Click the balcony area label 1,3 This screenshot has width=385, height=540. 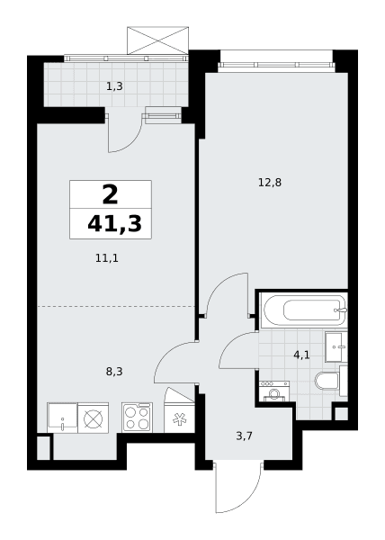click(x=114, y=86)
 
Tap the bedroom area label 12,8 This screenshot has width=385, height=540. click(x=270, y=182)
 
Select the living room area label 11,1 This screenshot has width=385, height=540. click(x=107, y=258)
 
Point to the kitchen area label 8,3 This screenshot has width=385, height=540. click(x=114, y=372)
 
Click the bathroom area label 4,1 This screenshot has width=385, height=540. click(x=301, y=355)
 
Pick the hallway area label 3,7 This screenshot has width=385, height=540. click(x=245, y=436)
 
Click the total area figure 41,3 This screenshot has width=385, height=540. click(x=114, y=224)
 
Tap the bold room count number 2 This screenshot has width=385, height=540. click(x=110, y=194)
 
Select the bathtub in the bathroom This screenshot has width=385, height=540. click(x=304, y=310)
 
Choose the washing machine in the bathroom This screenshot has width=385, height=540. click(x=274, y=391)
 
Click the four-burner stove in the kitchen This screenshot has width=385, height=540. click(x=137, y=418)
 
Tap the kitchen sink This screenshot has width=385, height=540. click(x=62, y=418)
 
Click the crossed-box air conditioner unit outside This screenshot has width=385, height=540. click(x=158, y=40)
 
